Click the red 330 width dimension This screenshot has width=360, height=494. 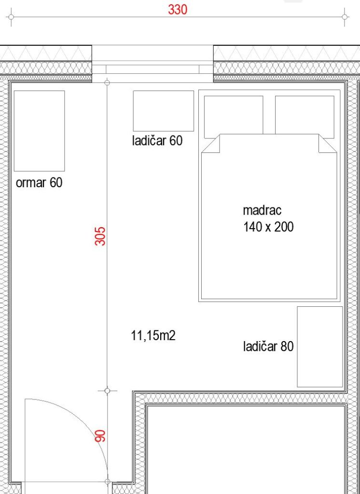tap(178, 10)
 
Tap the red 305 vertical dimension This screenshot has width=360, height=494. tap(100, 236)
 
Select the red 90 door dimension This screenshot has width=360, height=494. tap(100, 436)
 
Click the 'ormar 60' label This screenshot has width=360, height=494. tap(39, 182)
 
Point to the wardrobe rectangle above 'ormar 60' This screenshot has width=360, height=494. tap(40, 131)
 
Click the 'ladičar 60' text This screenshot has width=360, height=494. tap(157, 140)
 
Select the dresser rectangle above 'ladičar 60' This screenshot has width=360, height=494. tap(163, 111)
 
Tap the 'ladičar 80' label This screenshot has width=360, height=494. tap(268, 346)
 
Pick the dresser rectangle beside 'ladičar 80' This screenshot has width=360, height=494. tap(320, 346)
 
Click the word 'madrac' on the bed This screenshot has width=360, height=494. tap(262, 210)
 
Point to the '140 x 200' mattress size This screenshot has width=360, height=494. tap(268, 227)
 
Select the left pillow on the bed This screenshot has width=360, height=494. tap(234, 117)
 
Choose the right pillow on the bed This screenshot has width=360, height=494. tap(305, 117)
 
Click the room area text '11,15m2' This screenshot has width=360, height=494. tap(153, 336)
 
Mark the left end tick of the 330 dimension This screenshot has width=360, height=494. tap(11, 17)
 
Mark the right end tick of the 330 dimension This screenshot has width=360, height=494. tap(345, 17)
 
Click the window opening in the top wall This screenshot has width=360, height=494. tap(152, 64)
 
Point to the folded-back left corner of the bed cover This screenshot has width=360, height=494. tap(210, 144)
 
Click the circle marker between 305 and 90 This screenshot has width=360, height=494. tap(107, 391)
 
